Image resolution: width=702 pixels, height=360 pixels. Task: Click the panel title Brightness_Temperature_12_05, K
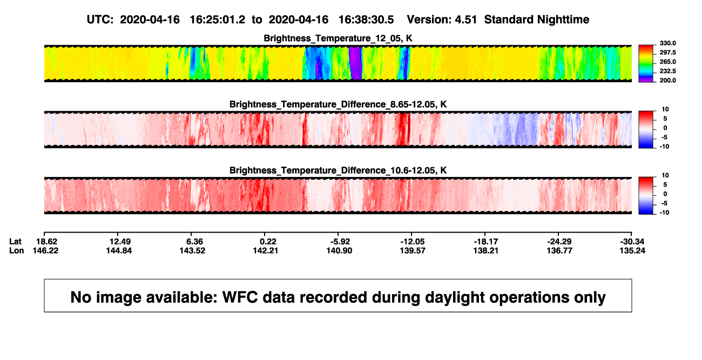[x=338, y=38]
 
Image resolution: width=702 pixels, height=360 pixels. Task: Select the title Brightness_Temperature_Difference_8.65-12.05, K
[x=338, y=104]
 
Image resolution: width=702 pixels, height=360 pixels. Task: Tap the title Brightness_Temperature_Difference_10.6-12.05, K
[x=338, y=171]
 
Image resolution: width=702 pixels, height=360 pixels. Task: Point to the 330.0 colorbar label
[x=667, y=43]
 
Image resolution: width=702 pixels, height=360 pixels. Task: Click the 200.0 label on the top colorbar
[x=667, y=80]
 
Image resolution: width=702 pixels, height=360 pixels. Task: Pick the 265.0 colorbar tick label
[x=667, y=62]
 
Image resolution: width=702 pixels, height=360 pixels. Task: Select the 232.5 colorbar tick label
[x=667, y=71]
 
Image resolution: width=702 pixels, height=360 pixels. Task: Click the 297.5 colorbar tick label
[x=667, y=52]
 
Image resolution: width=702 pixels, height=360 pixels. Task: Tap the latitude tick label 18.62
[x=46, y=242]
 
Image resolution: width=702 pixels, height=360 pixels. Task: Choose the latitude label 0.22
[x=268, y=242]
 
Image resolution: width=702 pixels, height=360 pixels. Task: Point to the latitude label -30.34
[x=632, y=242]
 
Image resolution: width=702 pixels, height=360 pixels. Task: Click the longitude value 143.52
[x=192, y=250]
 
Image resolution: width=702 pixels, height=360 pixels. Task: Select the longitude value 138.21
[x=486, y=250]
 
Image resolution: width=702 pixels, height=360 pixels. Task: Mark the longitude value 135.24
[x=632, y=250]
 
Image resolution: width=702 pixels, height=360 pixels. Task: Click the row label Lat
[x=15, y=242]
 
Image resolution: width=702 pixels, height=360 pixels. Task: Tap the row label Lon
[x=17, y=250]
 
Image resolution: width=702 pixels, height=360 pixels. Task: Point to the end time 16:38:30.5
[x=366, y=20]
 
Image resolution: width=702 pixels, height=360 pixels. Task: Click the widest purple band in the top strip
[x=355, y=63]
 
